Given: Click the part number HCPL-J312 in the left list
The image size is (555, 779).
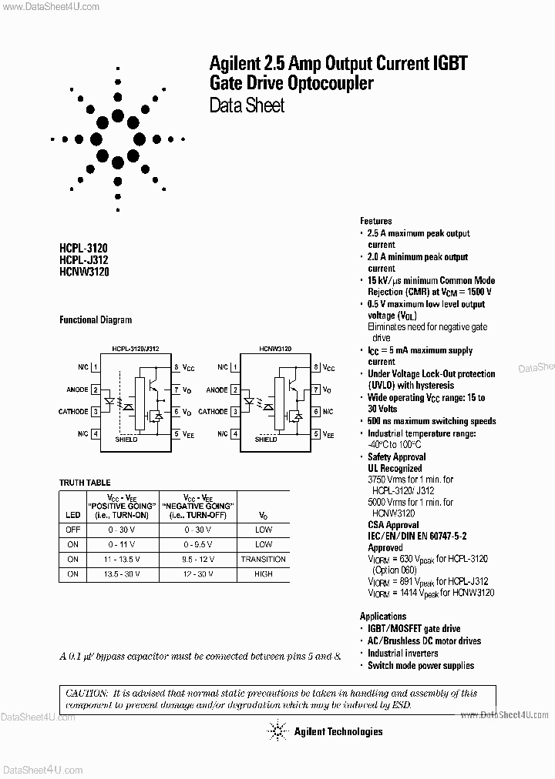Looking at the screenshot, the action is coord(84,260).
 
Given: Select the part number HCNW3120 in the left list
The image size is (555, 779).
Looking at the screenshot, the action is coord(84,272).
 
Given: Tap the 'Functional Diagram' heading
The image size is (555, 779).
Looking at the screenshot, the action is coord(96,320).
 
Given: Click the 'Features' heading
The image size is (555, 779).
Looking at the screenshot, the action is coord(376,221).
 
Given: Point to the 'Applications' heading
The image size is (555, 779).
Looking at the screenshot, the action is coord(383,617).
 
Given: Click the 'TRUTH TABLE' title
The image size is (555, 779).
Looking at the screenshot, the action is coord(85,483).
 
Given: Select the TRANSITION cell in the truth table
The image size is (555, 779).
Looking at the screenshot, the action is coord(263,559).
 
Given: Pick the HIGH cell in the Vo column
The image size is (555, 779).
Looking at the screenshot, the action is coord(263,574).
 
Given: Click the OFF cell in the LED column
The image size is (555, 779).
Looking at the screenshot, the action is coord(72,530).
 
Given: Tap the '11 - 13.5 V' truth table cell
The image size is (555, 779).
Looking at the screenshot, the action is coord(122,559).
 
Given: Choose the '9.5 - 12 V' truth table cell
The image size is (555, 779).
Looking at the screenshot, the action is coord(198,559).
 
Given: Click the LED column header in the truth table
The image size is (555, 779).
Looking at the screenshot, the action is coord(72,515).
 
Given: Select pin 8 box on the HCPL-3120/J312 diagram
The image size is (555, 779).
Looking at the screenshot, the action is coord(176,368).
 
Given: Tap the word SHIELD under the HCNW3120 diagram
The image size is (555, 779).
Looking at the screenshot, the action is coord(266,440).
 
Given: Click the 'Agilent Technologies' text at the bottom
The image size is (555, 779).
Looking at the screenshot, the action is coord(338,732).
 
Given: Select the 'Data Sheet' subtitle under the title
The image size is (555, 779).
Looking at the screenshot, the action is coord(247,105).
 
